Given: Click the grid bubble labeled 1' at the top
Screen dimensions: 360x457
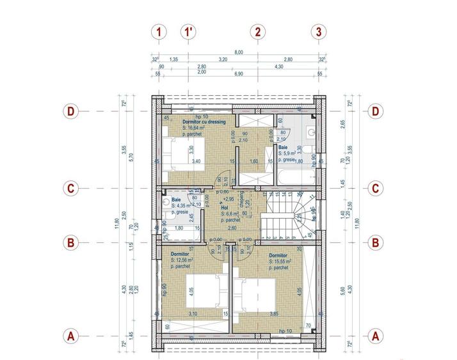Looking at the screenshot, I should [x=188, y=31].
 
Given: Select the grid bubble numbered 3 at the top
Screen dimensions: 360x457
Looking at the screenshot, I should [x=319, y=31].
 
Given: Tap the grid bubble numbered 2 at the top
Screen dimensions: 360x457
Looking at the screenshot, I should [x=257, y=31].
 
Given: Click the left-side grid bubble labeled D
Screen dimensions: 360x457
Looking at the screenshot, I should [x=72, y=111].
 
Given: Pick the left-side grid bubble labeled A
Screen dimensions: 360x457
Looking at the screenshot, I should [x=72, y=335].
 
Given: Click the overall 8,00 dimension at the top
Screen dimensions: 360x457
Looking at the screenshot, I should [x=238, y=52].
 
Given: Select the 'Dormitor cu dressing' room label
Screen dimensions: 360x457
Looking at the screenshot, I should [x=204, y=121].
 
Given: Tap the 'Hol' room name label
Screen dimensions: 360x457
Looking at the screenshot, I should [x=225, y=208].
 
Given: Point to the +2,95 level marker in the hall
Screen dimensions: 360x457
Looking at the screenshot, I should [x=228, y=199].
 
